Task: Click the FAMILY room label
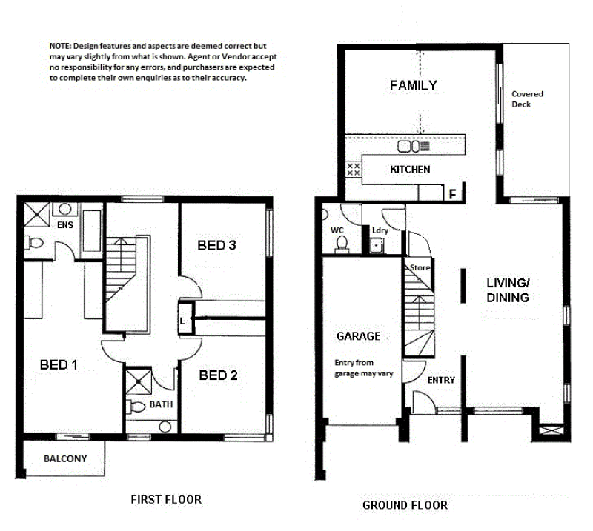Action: coord(414,85)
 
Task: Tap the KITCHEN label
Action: coord(410,170)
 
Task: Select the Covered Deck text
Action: coord(527,99)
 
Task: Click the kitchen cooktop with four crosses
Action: coord(354,170)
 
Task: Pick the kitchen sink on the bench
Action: coord(414,147)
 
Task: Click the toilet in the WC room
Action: coord(342,244)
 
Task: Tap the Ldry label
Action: coord(380,230)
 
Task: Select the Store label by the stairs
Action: coord(420,267)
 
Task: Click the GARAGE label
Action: coord(359,336)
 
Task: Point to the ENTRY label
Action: coord(441,380)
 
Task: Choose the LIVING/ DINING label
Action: coord(508,290)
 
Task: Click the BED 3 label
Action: coord(216,245)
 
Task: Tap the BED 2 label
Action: coord(218,375)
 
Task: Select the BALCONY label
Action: coord(65,459)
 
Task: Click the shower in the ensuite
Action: coord(36,215)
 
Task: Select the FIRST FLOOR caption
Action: coord(166,499)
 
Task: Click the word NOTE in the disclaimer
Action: coord(60,46)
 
